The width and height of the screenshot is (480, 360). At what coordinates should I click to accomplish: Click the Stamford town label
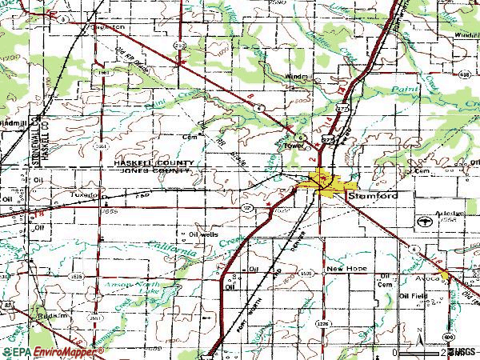point(378,194)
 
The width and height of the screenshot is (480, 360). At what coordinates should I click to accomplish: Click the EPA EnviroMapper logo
point(52,350)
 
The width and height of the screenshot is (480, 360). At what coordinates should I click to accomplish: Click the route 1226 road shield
point(322,324)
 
